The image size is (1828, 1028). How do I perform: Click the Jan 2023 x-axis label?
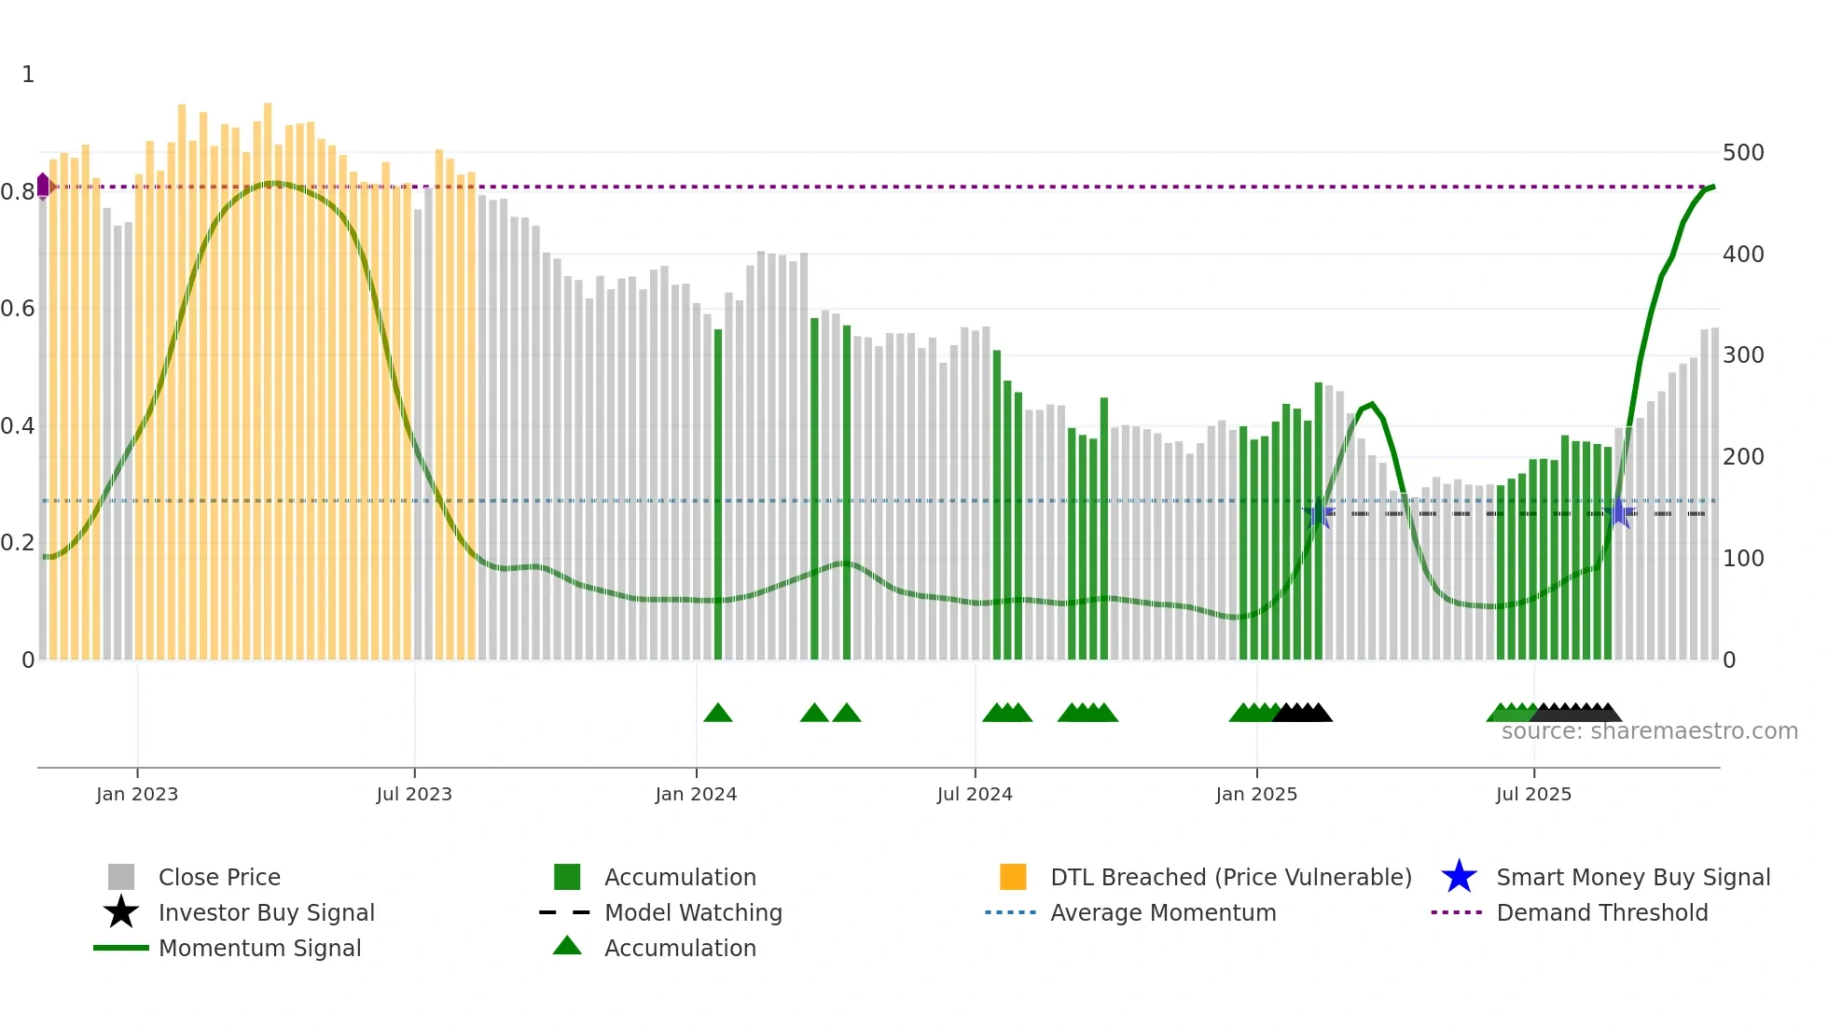click(x=136, y=794)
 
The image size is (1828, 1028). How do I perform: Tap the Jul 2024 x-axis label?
click(x=975, y=794)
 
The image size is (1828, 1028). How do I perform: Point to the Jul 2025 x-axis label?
click(x=1533, y=794)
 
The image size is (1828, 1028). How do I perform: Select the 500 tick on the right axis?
click(x=1742, y=152)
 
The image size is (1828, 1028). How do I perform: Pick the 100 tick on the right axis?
click(x=1742, y=559)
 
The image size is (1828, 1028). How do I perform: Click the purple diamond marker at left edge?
click(x=43, y=186)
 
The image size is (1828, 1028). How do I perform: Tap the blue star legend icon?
click(x=1459, y=877)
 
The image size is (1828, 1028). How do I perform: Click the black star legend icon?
click(x=121, y=912)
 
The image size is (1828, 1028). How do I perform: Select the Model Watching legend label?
click(x=693, y=912)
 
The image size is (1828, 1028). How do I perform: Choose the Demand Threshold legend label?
click(x=1601, y=912)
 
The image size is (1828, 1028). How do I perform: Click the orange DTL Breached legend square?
click(x=1013, y=877)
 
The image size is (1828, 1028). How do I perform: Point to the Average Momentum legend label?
click(x=1163, y=912)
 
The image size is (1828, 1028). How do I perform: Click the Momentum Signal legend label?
click(x=259, y=948)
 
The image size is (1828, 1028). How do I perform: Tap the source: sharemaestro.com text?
click(x=1649, y=731)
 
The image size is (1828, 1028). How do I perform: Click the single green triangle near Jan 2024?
click(x=718, y=714)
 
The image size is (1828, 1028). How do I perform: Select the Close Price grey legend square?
click(x=121, y=877)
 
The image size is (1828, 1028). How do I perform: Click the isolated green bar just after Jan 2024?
click(x=718, y=494)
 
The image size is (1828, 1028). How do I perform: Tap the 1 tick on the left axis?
click(x=28, y=75)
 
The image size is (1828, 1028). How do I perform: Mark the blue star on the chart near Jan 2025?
click(x=1318, y=513)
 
